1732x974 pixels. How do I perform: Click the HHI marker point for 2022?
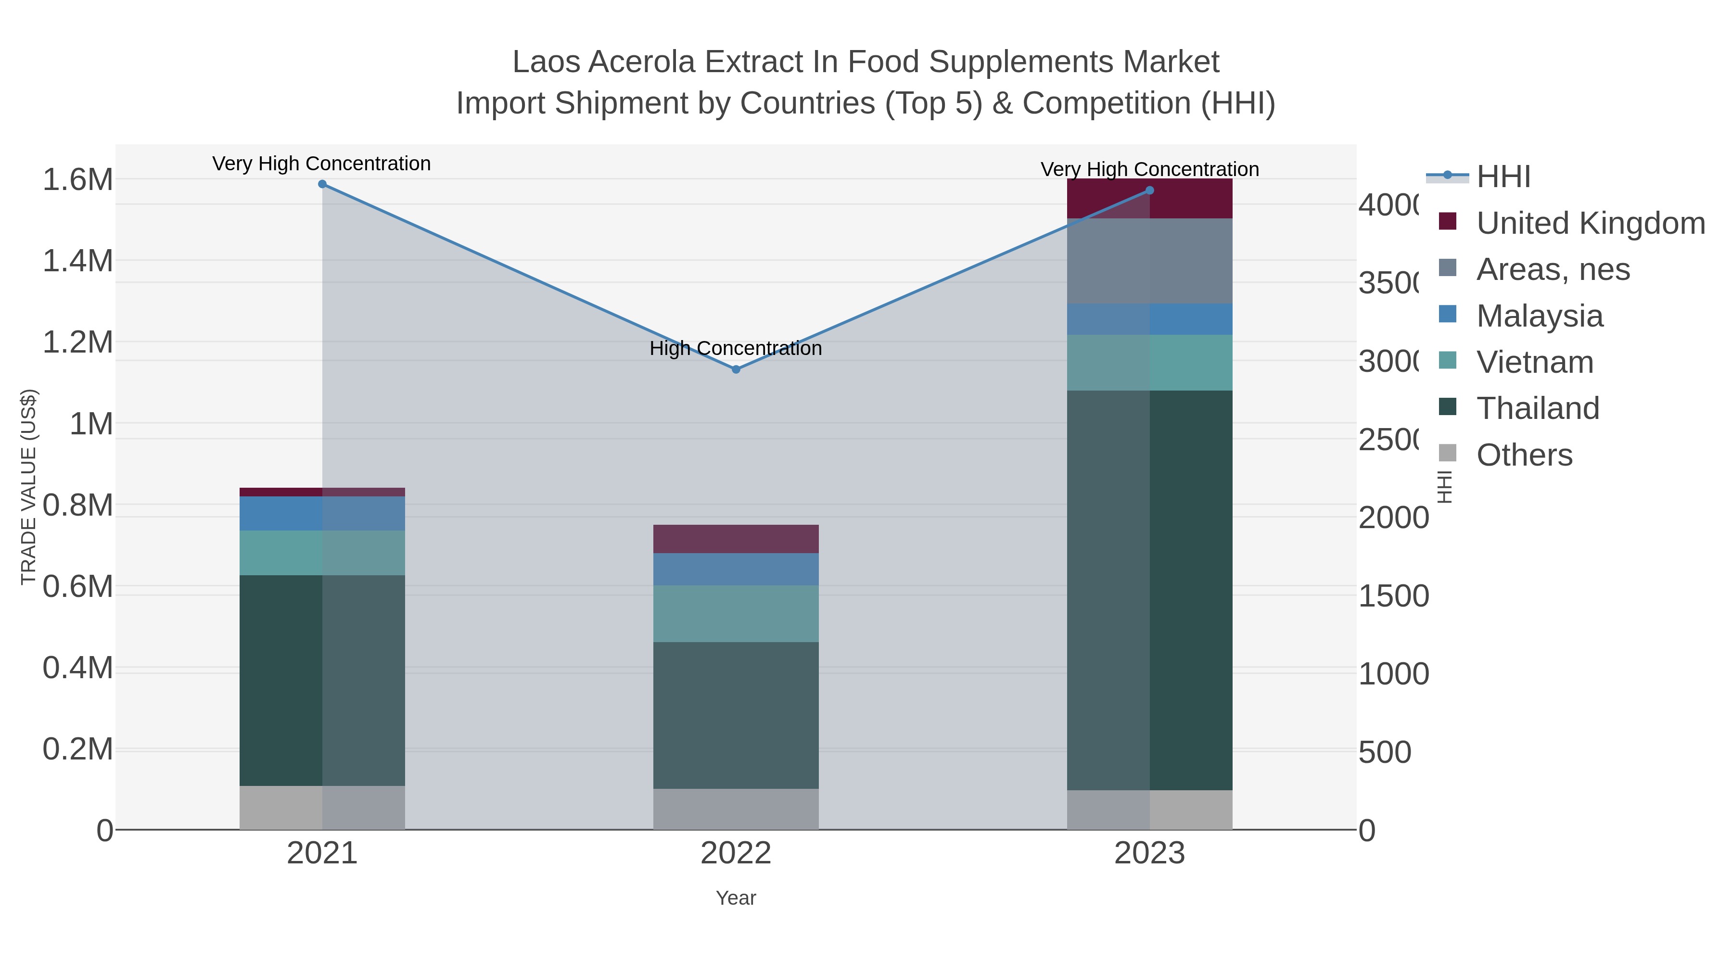736,369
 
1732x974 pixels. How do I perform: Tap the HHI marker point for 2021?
322,184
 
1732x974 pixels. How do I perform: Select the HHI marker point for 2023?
1149,190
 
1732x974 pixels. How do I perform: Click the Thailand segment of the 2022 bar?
736,715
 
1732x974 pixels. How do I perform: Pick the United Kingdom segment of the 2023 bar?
1149,198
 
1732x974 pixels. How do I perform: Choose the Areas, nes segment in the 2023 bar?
1149,261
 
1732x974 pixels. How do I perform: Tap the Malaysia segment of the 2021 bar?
322,514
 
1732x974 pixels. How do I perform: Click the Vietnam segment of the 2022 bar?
736,613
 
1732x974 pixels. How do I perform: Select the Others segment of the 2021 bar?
322,807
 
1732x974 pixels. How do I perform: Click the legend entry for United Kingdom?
1590,223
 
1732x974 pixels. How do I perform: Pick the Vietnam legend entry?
1534,362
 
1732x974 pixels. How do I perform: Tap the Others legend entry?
1524,455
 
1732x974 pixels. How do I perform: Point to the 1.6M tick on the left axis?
77,180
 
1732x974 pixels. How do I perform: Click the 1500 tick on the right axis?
1393,596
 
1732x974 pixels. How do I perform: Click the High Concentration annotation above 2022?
736,348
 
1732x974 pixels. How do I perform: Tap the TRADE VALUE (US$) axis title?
28,487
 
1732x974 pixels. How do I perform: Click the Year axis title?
736,898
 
